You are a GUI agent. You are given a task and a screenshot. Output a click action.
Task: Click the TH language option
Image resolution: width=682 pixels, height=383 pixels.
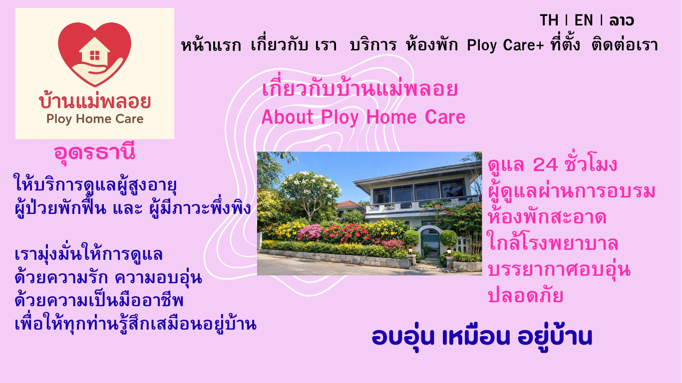549,20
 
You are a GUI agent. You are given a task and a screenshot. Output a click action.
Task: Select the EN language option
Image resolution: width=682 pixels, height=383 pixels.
584,20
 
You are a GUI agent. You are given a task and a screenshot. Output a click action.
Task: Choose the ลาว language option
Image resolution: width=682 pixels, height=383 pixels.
622,20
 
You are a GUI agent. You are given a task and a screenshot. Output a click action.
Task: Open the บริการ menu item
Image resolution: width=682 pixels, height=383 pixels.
373,45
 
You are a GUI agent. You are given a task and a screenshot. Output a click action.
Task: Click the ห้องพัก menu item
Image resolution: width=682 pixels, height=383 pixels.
432,45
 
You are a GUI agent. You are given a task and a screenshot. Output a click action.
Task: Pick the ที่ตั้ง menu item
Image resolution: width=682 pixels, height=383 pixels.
565,44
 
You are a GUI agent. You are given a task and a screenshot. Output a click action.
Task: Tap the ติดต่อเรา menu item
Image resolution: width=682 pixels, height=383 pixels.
625,45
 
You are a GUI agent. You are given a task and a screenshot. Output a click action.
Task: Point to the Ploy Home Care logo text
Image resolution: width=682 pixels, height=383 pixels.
95,119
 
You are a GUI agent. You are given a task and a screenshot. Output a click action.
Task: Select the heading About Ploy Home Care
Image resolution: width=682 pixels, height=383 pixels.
363,117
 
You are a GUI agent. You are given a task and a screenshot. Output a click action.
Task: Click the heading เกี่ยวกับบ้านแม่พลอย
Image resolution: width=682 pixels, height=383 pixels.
360,88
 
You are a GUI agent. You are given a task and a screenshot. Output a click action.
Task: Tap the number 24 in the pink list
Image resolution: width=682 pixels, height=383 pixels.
545,165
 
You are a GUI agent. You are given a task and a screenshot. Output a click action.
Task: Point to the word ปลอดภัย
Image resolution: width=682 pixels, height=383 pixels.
526,295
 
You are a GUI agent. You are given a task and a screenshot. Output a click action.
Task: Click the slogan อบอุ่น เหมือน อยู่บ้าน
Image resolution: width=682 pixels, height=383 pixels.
482,337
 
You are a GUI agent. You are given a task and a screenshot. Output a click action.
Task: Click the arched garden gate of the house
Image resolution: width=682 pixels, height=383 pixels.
430,242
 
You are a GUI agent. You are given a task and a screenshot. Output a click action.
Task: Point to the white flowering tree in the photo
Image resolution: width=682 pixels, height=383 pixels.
310,191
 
